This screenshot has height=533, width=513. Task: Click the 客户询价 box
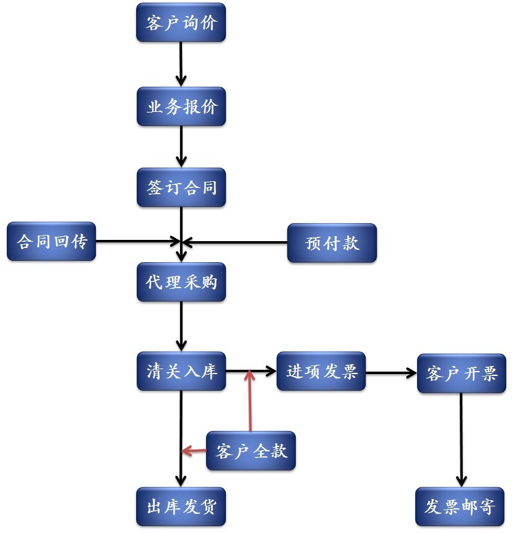point(181,23)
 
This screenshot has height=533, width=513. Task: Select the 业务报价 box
point(181,106)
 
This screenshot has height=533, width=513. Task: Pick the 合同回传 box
point(51,241)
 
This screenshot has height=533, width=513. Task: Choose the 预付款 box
point(332,242)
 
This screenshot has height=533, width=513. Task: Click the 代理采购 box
point(181,282)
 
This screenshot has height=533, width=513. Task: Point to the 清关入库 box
point(181,372)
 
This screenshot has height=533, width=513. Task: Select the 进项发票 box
point(321,372)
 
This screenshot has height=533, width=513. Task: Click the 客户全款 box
point(251,451)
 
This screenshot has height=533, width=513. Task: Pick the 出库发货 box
point(181,506)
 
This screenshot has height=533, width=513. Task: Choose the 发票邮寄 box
point(460,506)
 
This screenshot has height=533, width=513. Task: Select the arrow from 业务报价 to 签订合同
point(181,146)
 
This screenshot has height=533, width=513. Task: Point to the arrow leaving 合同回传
point(136,241)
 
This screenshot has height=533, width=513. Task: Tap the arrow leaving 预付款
point(235,241)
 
